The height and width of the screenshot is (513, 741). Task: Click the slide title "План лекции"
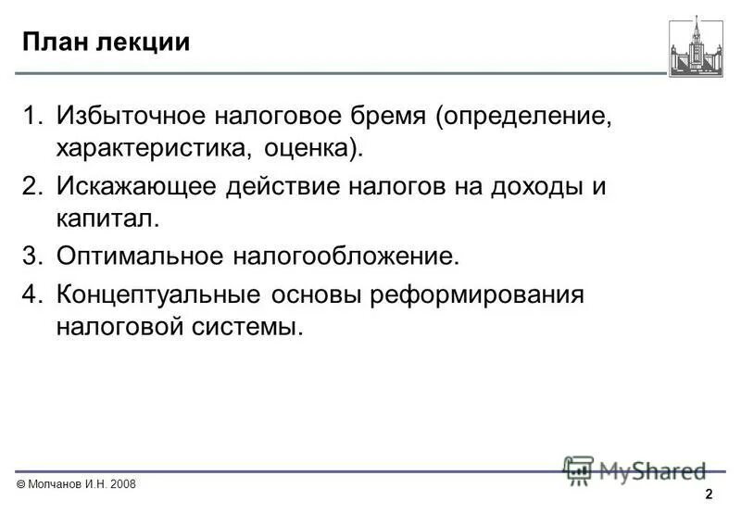[107, 44]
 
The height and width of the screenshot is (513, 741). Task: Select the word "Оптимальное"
[139, 255]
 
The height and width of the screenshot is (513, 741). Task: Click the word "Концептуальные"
[158, 295]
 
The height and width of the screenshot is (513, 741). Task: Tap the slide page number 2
[709, 494]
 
